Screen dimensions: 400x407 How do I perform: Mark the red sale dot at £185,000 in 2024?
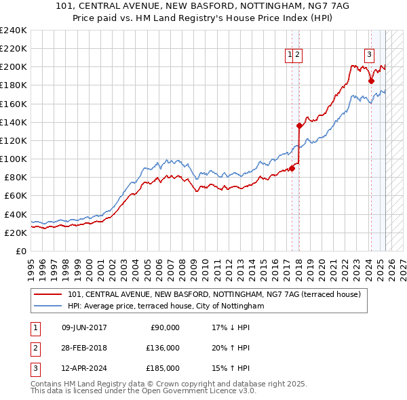(371, 81)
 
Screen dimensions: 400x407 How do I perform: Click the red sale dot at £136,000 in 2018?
(299, 125)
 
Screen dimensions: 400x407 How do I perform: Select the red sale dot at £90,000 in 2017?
(292, 168)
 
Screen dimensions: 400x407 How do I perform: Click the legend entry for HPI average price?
(166, 306)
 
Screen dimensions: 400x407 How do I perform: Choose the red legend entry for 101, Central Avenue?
(218, 294)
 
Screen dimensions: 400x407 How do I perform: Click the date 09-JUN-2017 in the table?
(84, 327)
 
